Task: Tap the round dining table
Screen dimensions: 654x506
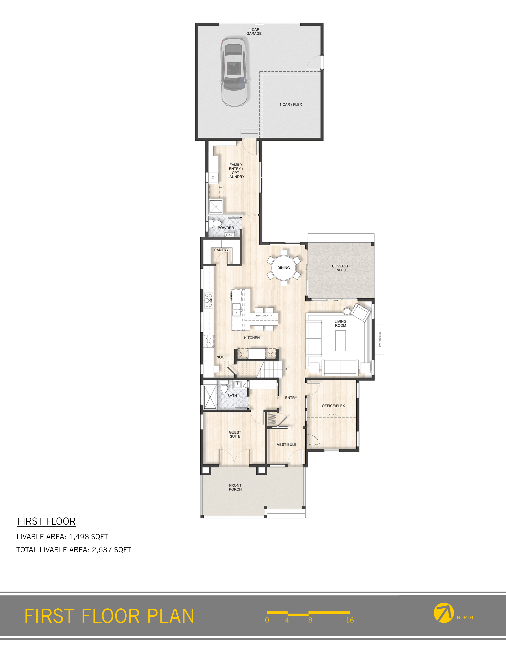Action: (283, 267)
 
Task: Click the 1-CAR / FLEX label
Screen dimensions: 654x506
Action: (291, 104)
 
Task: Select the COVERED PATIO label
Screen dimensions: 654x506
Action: (341, 268)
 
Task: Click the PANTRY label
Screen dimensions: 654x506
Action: (221, 250)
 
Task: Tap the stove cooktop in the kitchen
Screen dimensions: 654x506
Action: (209, 301)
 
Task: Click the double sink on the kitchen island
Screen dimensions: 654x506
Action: (237, 310)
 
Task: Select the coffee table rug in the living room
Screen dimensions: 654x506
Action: (341, 340)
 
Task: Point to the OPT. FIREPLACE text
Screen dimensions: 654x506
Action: (380, 339)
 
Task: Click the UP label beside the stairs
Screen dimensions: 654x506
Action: (285, 369)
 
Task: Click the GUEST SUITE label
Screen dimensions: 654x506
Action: (235, 434)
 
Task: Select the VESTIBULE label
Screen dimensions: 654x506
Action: (286, 444)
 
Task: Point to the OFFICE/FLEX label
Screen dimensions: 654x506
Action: (333, 406)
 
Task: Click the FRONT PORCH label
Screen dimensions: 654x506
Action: (235, 487)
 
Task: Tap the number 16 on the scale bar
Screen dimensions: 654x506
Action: (350, 620)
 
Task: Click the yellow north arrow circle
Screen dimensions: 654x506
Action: (443, 613)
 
